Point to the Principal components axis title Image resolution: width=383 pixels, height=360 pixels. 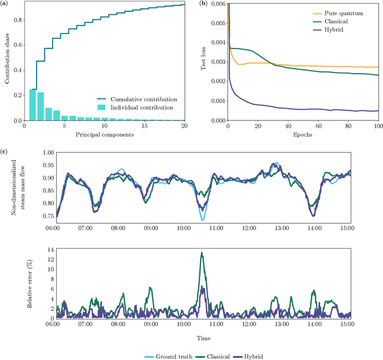105,135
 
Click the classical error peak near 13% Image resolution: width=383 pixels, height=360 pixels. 202,253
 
